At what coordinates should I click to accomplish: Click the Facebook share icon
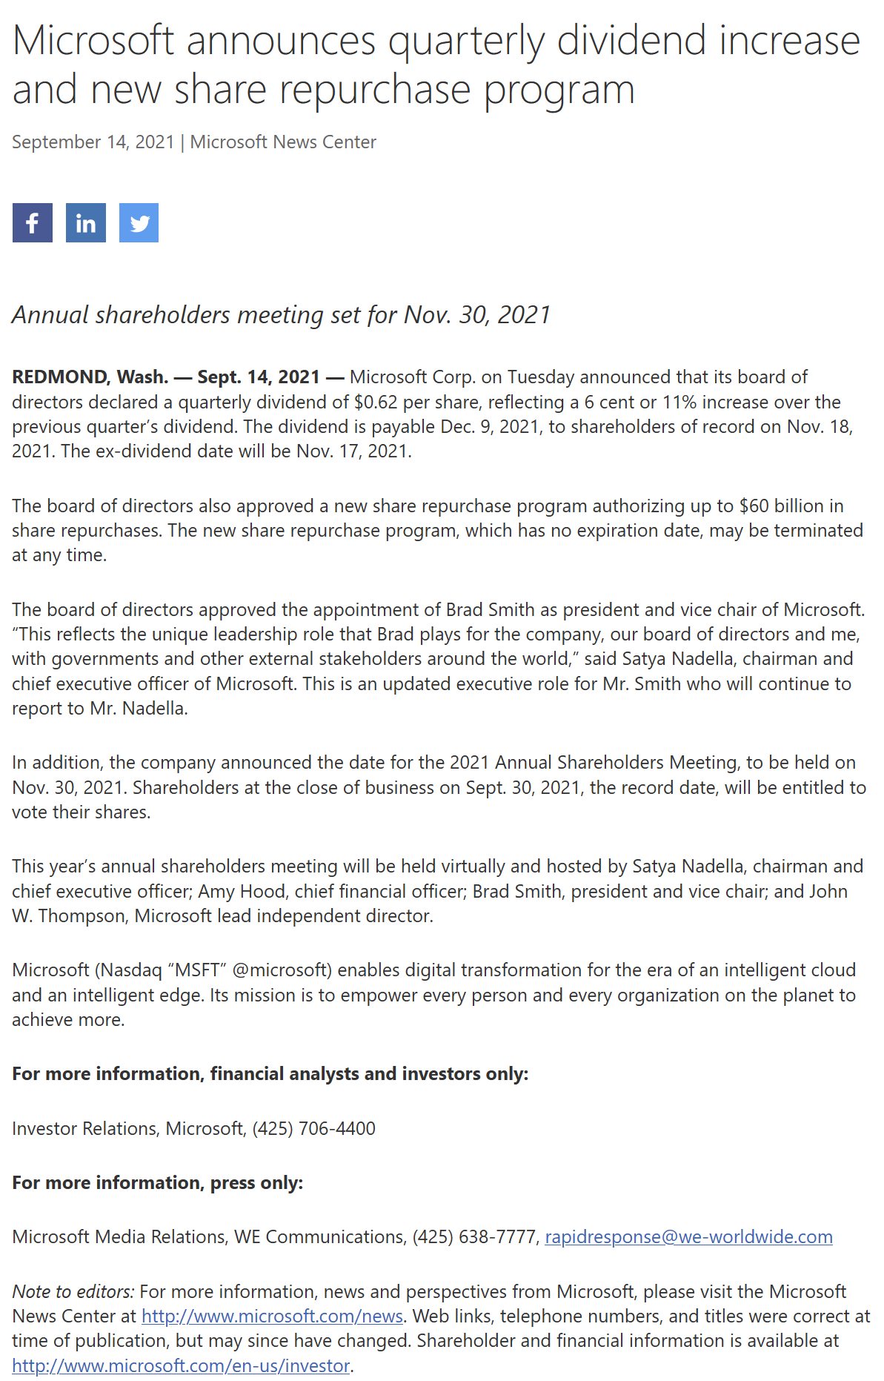[32, 222]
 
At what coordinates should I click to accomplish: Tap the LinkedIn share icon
[85, 222]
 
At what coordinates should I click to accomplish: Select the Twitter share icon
[139, 222]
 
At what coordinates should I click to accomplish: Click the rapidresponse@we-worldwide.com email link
[688, 1236]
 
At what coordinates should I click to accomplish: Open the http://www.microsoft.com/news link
[272, 1316]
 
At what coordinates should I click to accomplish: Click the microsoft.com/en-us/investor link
[181, 1365]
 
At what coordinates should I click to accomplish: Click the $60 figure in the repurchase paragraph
[754, 506]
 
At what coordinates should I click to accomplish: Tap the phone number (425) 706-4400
[313, 1128]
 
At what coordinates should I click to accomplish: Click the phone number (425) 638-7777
[474, 1236]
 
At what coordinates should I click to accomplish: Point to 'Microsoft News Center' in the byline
[283, 142]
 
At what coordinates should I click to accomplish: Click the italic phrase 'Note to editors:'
[73, 1291]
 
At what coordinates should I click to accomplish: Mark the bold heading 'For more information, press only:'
[157, 1182]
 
